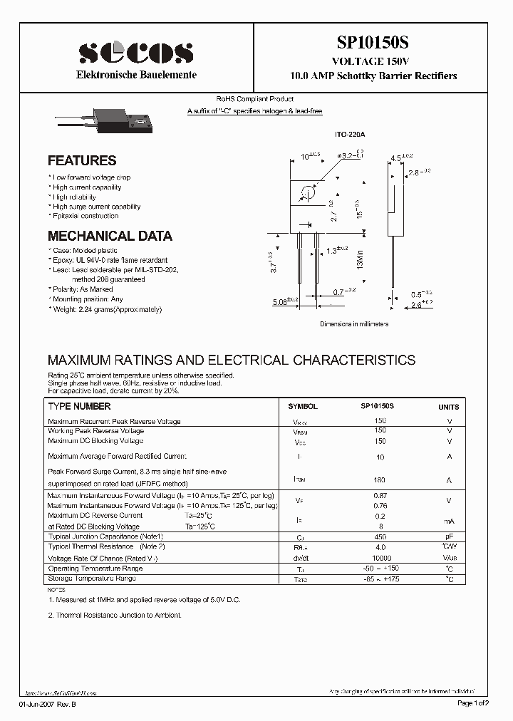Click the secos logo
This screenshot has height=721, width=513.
click(x=135, y=53)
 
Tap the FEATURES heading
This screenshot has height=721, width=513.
click(x=82, y=161)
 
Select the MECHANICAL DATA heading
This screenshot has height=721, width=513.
click(x=110, y=236)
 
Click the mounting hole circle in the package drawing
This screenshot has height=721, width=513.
click(x=308, y=193)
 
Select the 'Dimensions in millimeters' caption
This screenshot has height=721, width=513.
click(x=354, y=323)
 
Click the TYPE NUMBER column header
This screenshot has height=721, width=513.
click(x=79, y=406)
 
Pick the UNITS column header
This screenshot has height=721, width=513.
click(x=449, y=407)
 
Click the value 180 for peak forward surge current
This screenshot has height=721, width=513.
click(x=380, y=480)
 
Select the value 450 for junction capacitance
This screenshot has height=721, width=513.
click(x=380, y=536)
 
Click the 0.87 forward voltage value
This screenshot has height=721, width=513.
click(x=380, y=495)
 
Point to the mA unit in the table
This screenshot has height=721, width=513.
click(x=449, y=521)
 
